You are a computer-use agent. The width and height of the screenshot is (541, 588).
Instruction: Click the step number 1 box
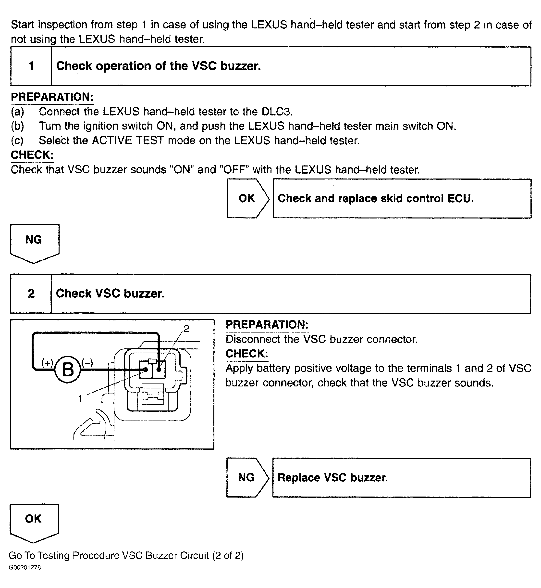pos(31,66)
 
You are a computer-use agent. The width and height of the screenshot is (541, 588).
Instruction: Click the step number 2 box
pos(31,294)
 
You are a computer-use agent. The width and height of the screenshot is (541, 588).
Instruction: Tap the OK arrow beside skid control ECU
pos(247,198)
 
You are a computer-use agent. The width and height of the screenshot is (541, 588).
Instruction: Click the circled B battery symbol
pos(68,370)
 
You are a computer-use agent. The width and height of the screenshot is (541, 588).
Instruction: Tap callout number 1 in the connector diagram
pos(80,398)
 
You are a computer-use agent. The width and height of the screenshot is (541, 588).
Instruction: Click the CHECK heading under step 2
pos(246,354)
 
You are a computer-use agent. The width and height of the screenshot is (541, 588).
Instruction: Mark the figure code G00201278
pos(25,567)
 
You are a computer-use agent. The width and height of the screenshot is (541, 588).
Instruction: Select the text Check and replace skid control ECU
pos(376,198)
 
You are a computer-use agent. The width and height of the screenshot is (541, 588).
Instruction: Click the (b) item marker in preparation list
pos(17,126)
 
